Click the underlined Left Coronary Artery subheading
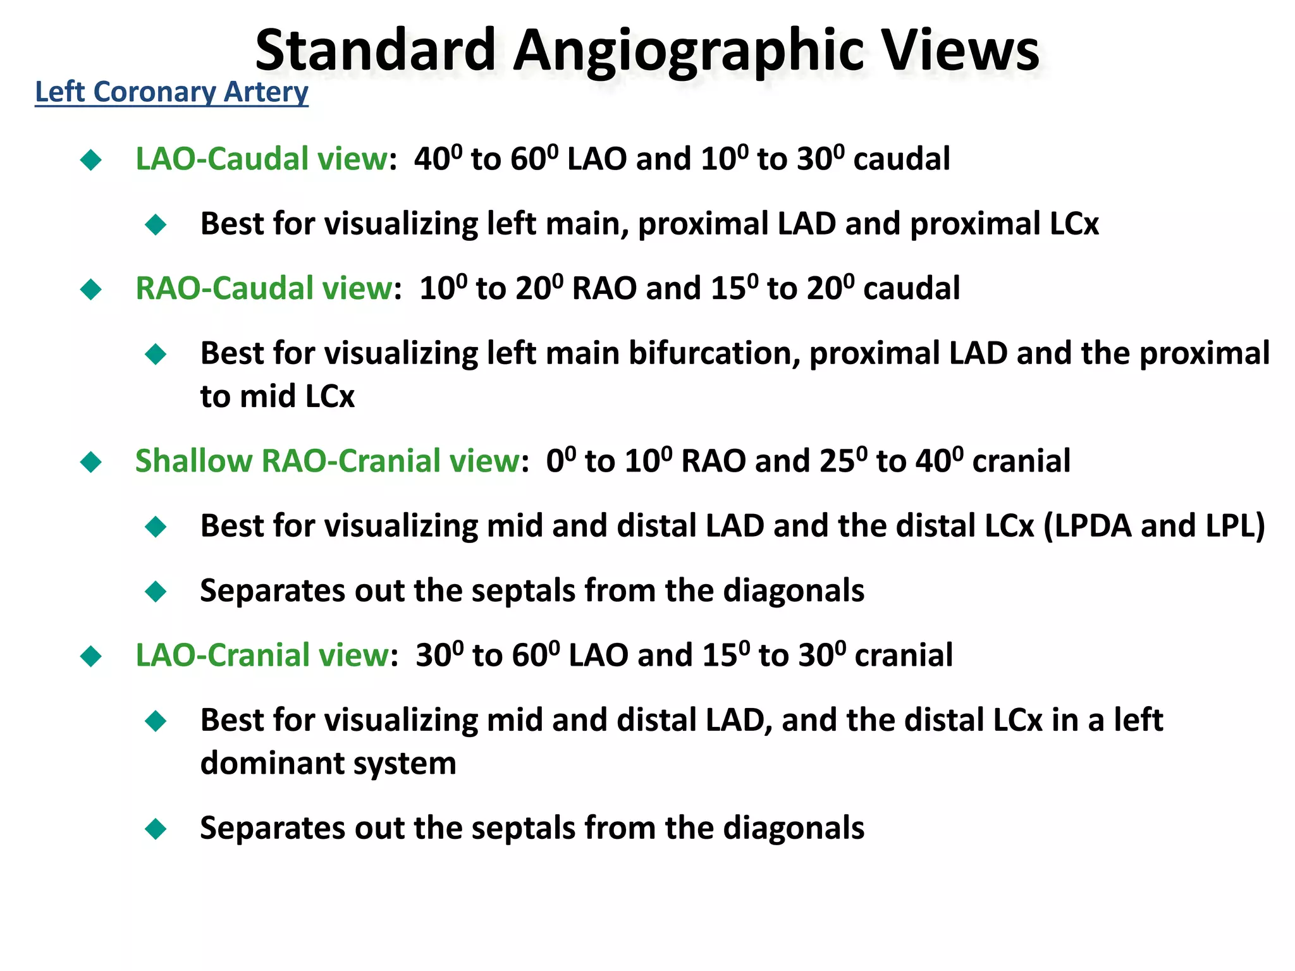click(x=171, y=92)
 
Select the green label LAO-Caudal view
click(x=261, y=159)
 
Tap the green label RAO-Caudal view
click(x=264, y=288)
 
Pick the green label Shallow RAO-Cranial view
click(x=328, y=461)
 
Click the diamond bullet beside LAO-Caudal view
click(x=91, y=159)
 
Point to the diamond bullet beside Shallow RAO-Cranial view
click(x=91, y=461)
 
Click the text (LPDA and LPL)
click(x=1154, y=526)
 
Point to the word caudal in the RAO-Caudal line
click(x=911, y=289)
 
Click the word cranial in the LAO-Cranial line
click(x=904, y=656)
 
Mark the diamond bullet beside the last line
click(x=156, y=828)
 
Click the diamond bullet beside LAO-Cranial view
click(x=91, y=656)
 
